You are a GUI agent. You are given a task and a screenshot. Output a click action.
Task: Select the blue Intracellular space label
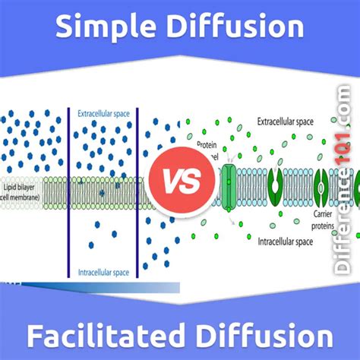104,272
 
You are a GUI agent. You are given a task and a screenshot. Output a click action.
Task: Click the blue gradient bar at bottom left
91,286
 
